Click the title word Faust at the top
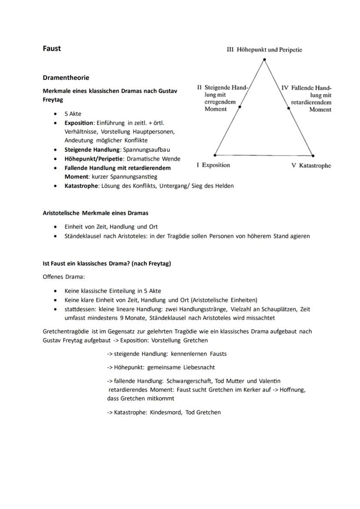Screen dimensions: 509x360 [52, 49]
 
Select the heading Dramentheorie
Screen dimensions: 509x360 [66, 78]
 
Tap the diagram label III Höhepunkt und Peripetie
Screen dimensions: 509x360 [264, 50]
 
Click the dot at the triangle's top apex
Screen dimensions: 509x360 [264, 60]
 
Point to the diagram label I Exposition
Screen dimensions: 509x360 [213, 165]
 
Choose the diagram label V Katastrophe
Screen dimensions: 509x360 [311, 166]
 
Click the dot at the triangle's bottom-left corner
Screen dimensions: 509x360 [215, 155]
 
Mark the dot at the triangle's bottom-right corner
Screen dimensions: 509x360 [313, 155]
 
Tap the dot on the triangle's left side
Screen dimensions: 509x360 [240, 106]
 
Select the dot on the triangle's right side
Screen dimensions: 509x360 [288, 107]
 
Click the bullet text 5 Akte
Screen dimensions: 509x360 [73, 114]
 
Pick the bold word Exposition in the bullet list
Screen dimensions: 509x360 [79, 123]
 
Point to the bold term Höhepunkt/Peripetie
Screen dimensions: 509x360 [91, 159]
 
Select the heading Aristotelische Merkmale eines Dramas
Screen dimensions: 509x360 [95, 213]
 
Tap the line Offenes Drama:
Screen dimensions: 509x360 [64, 277]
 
